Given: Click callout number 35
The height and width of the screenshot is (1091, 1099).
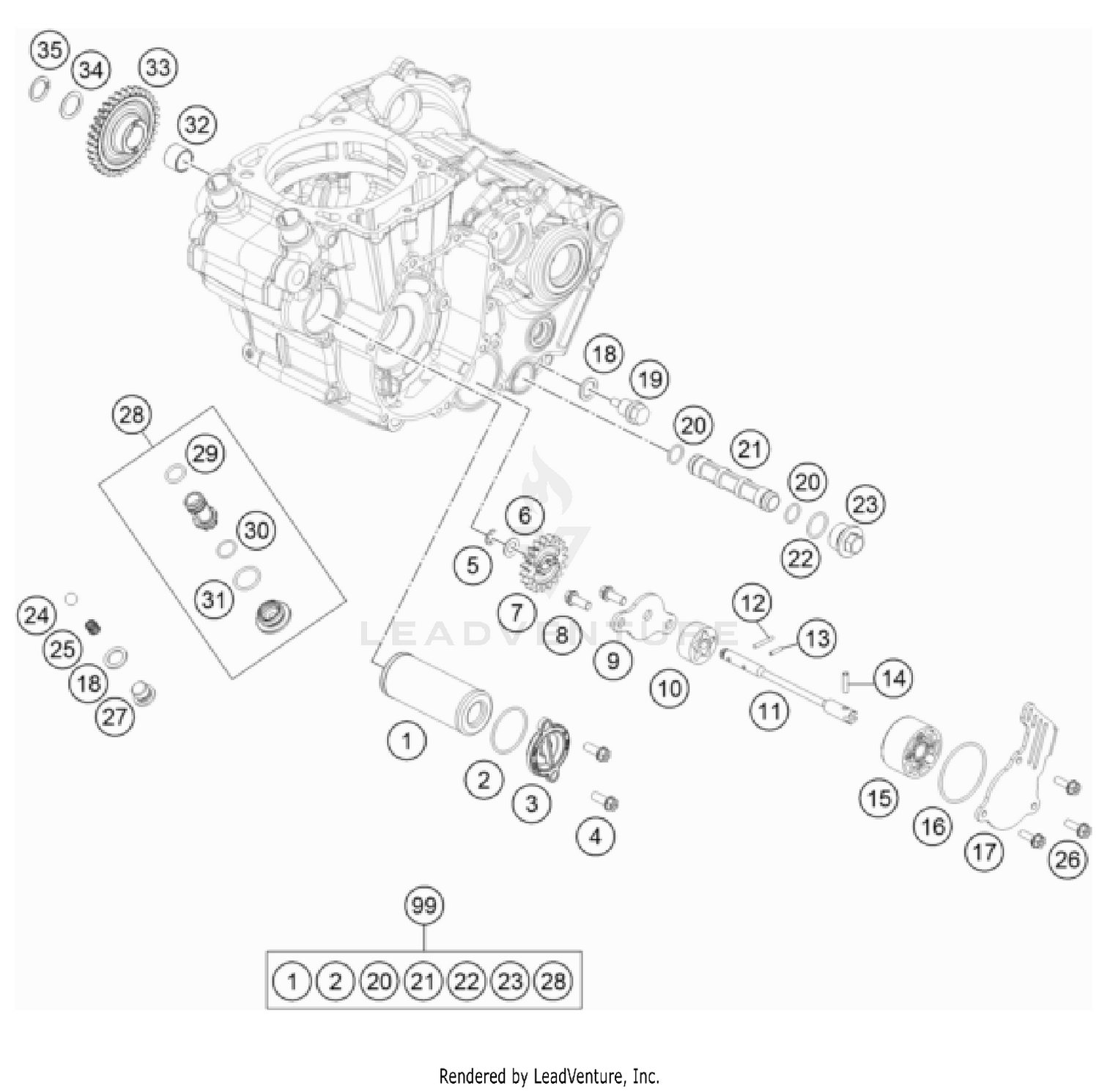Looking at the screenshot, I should point(49,51).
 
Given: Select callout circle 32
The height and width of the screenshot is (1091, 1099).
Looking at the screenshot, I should point(196,125).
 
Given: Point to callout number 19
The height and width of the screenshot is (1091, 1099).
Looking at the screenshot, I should point(650,379).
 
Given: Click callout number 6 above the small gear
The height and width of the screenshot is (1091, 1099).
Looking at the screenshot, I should point(524,515).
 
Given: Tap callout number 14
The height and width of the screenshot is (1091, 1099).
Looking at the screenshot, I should point(892,678).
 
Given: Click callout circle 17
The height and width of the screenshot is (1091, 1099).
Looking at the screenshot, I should point(984,851).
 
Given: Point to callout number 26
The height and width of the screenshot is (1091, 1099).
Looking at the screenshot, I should point(1067,859).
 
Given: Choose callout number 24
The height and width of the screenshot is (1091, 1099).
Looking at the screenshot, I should point(37,615).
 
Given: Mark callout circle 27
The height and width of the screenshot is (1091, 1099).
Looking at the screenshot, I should point(115,716).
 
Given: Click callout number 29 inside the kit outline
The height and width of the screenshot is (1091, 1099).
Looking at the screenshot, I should point(205,453).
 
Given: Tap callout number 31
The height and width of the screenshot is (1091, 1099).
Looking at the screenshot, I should point(213,599).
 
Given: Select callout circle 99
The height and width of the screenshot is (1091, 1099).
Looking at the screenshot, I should point(424,906).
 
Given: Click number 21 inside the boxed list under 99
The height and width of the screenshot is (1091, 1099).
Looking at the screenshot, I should point(423,980).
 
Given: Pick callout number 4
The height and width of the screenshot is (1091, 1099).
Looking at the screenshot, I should point(595,835).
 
